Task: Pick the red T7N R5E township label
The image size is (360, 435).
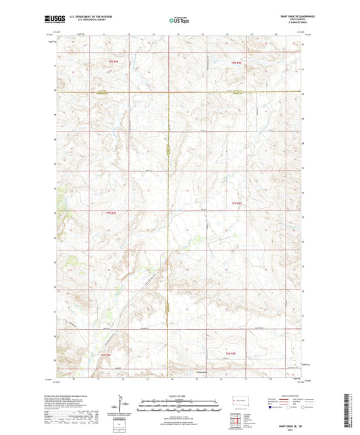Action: (236, 203)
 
